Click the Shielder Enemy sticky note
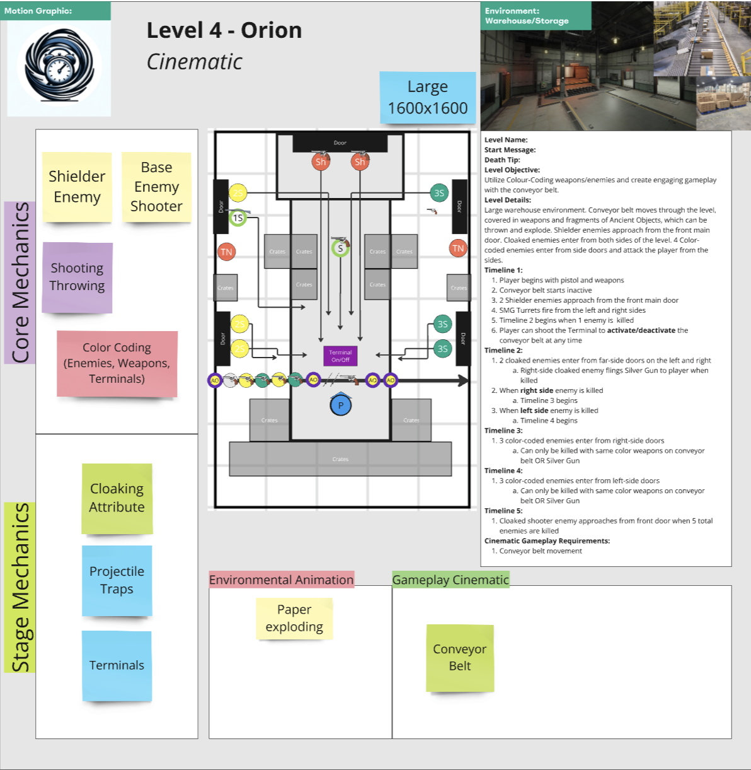pyautogui.click(x=77, y=187)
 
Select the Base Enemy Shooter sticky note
pyautogui.click(x=156, y=187)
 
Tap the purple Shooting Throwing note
pyautogui.click(x=77, y=277)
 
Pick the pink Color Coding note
pyautogui.click(x=117, y=363)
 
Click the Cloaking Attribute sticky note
pyautogui.click(x=117, y=498)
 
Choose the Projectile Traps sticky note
pyautogui.click(x=117, y=580)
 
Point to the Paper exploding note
pyautogui.click(x=294, y=618)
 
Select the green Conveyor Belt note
pyautogui.click(x=460, y=658)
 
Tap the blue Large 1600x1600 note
pyautogui.click(x=428, y=98)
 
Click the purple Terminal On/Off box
pyautogui.click(x=340, y=356)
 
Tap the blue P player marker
pyautogui.click(x=341, y=405)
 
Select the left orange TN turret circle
pyautogui.click(x=226, y=252)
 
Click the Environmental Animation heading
pyautogui.click(x=281, y=580)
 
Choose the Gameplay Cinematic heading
pyautogui.click(x=450, y=580)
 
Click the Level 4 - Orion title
pyautogui.click(x=224, y=30)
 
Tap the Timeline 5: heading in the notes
pyautogui.click(x=503, y=511)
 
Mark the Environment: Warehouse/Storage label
pyautogui.click(x=527, y=16)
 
